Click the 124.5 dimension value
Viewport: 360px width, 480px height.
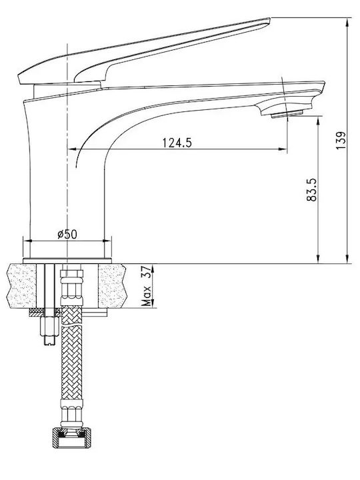click(x=177, y=143)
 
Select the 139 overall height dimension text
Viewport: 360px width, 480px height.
click(x=341, y=141)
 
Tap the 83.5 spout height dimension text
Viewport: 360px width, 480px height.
click(x=311, y=190)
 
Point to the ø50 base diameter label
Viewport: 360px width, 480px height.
click(x=67, y=234)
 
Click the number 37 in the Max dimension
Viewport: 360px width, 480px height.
click(x=147, y=272)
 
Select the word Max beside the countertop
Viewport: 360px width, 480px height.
click(x=147, y=296)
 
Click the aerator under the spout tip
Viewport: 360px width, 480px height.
click(x=287, y=114)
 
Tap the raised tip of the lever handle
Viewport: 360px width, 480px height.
click(x=268, y=20)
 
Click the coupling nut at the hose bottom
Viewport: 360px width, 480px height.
click(x=72, y=438)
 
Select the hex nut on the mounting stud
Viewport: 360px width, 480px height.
click(x=49, y=327)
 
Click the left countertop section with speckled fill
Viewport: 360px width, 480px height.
click(x=21, y=286)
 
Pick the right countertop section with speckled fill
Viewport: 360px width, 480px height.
click(x=112, y=286)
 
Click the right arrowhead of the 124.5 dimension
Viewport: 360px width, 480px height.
click(x=283, y=149)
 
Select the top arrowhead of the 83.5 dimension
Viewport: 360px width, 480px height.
click(x=319, y=121)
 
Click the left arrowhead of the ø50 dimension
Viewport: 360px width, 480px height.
click(x=27, y=241)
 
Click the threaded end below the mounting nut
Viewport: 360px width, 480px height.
click(x=49, y=341)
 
